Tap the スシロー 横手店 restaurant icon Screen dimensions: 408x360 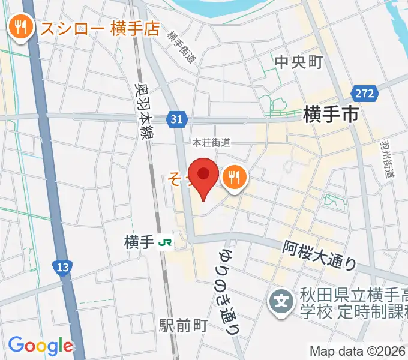click(x=21, y=27)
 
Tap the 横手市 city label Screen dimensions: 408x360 click(x=331, y=113)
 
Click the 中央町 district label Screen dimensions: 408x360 click(x=299, y=62)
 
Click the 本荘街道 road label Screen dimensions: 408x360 click(x=211, y=143)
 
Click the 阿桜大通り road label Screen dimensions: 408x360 click(x=320, y=254)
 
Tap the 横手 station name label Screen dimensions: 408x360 click(x=139, y=242)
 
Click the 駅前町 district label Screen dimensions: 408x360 click(x=184, y=325)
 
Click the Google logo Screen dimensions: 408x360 click(x=40, y=346)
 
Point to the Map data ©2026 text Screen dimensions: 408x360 click(x=358, y=351)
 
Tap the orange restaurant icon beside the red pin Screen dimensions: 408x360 click(x=233, y=178)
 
